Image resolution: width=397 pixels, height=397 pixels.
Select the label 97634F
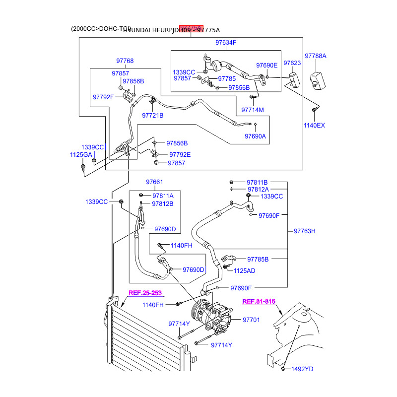pos(226,43)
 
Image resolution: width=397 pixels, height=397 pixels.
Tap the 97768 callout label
pos(125,61)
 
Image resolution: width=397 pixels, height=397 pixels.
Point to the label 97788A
pos(316,56)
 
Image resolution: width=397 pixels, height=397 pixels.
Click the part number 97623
pos(292,64)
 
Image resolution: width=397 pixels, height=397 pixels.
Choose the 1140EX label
pos(314,126)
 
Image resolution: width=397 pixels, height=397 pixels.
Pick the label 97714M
pos(253,110)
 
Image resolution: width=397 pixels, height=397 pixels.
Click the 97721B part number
pos(153,115)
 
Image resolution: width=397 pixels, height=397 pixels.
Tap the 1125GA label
pos(81,155)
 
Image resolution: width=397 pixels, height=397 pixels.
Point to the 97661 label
pos(154,182)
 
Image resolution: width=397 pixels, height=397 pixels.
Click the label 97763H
pos(305,231)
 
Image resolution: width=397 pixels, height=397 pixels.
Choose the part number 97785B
pos(258,259)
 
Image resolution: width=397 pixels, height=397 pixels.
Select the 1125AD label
pos(245,270)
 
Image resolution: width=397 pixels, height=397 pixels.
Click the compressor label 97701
pos(251,320)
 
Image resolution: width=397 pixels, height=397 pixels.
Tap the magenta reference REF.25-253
pos(145,293)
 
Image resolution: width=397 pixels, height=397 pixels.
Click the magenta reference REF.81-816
pos(259,301)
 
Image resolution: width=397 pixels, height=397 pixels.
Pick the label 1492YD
pos(302,369)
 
